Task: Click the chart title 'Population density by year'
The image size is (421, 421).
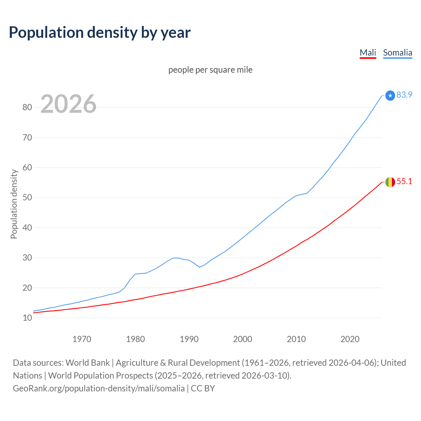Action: pos(100,33)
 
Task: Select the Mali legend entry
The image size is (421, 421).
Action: pos(368,53)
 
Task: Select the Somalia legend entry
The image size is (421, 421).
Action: pos(397,53)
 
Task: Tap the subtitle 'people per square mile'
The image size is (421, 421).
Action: pos(210,70)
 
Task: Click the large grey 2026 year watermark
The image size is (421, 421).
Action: pos(68,104)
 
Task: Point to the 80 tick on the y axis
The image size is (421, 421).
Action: pos(27,108)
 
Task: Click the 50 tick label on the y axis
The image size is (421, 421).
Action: pos(27,198)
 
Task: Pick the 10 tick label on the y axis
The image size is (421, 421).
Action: pos(27,318)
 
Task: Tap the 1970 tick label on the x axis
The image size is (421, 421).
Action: pos(82,339)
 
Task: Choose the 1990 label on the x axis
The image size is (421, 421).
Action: pos(189,339)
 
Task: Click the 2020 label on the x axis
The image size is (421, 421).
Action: pos(350,339)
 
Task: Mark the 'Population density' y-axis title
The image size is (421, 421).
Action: pos(14,204)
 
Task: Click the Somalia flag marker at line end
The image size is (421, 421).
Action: pos(390,95)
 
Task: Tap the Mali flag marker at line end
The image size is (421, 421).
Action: pos(390,182)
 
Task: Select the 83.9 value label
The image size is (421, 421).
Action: pos(404,95)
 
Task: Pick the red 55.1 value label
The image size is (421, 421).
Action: pos(404,182)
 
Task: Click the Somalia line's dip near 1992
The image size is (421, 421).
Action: pos(200,267)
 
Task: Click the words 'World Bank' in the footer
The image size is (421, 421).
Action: pos(87,363)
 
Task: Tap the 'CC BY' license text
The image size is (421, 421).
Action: pos(203,388)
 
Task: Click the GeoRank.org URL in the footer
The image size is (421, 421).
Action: pos(99,388)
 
